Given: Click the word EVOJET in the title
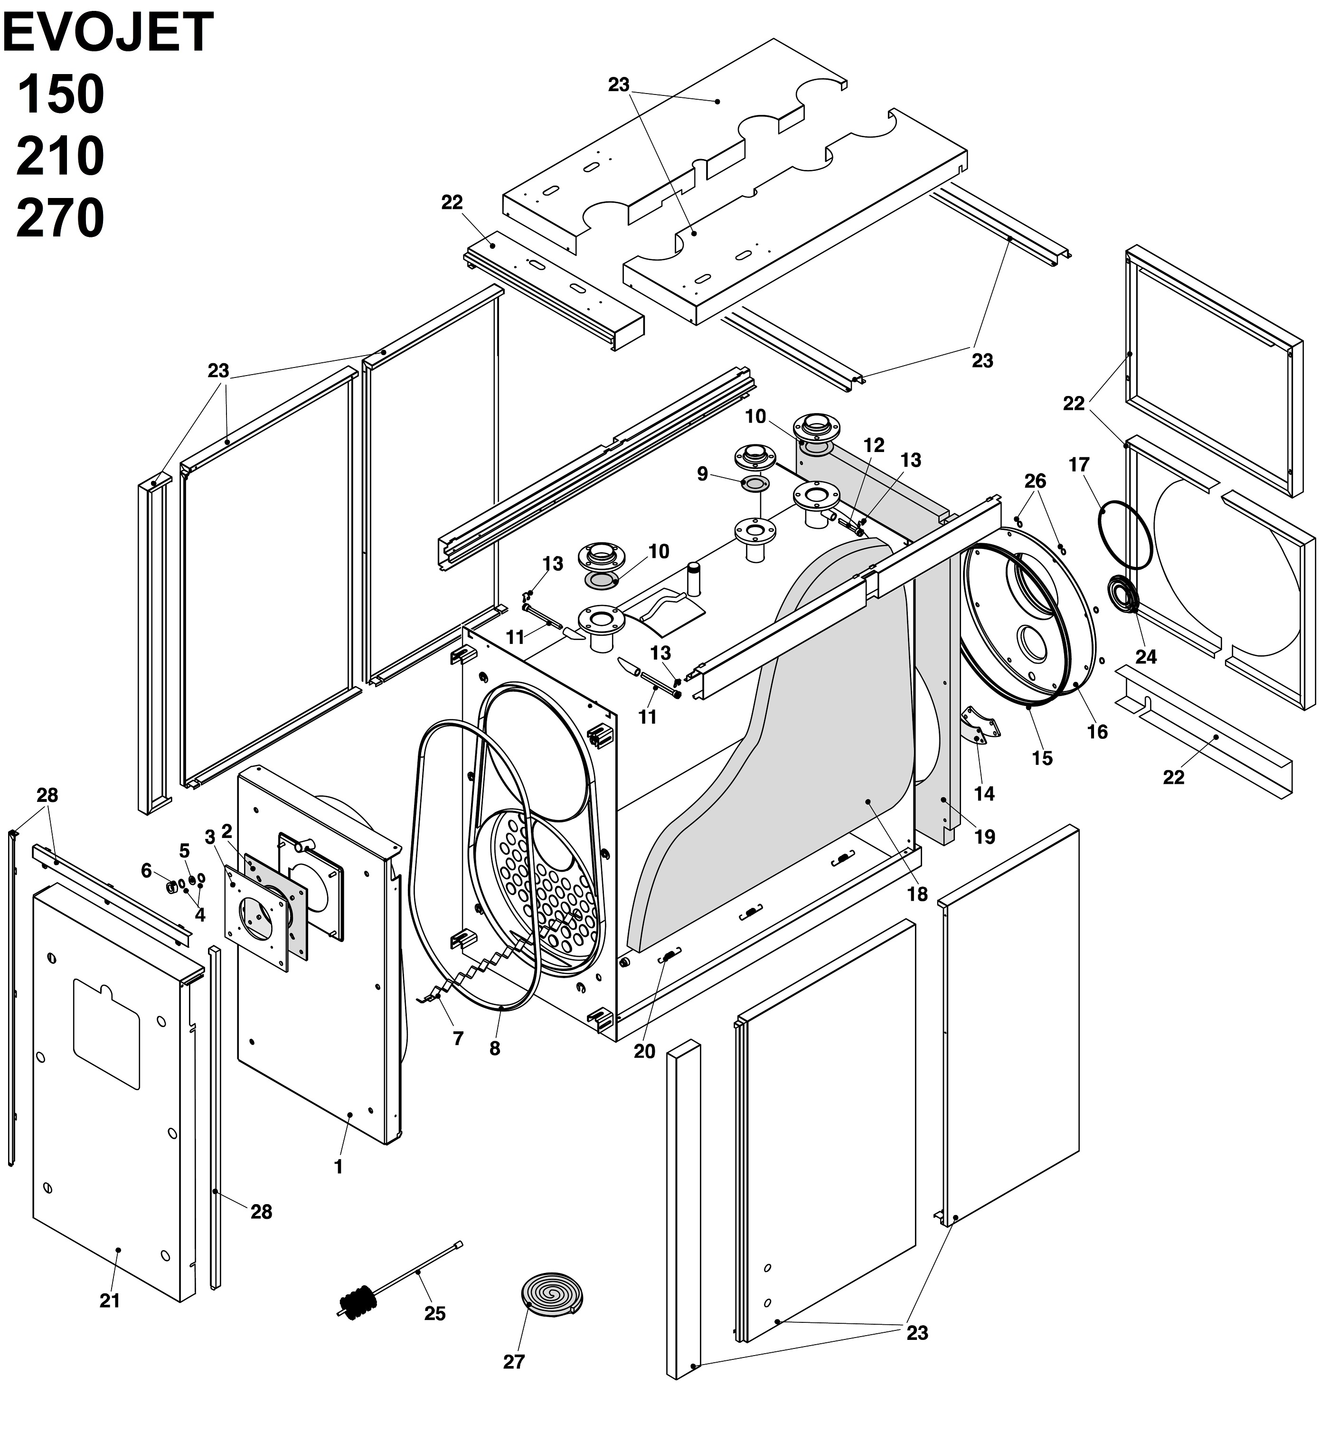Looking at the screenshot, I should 109,33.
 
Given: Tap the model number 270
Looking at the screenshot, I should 60,219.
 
